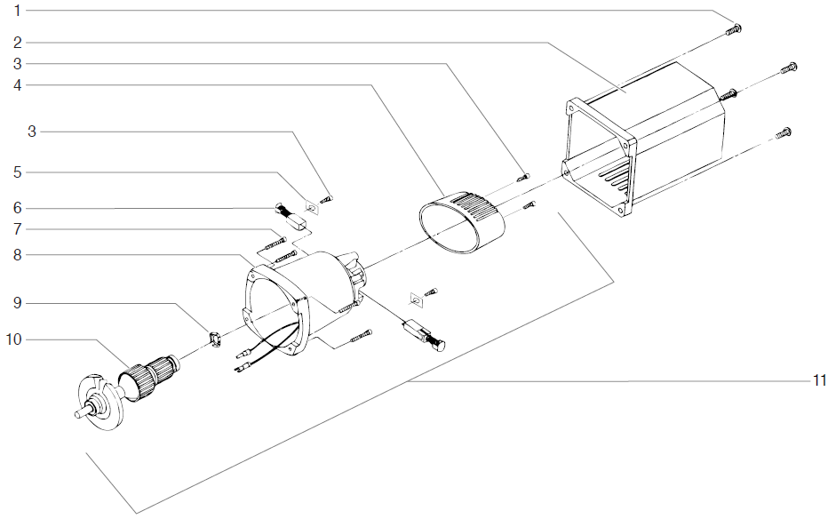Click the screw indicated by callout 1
click(x=734, y=29)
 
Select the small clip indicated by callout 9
click(x=213, y=338)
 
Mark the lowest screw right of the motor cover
click(x=782, y=133)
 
